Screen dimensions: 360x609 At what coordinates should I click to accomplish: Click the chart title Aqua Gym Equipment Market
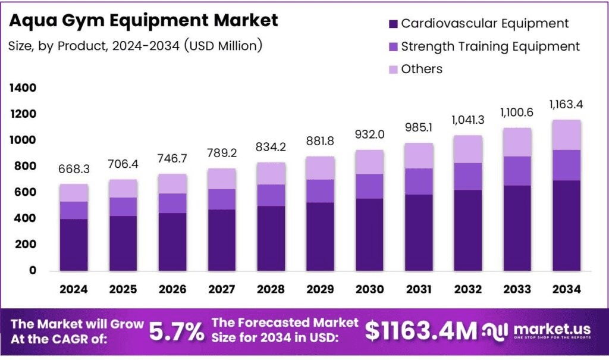(143, 20)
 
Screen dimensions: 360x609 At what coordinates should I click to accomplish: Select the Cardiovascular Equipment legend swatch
(393, 24)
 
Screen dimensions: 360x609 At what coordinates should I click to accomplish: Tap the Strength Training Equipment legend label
(490, 46)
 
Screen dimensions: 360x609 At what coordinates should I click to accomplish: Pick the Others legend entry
(422, 69)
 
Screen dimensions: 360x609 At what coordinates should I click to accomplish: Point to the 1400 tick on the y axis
(23, 88)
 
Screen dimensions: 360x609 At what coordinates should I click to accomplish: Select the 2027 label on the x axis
(221, 289)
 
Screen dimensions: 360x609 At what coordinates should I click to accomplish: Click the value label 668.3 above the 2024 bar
(74, 170)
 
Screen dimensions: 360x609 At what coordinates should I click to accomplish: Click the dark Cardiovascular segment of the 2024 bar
(74, 245)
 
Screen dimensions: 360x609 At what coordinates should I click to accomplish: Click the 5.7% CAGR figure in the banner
(176, 331)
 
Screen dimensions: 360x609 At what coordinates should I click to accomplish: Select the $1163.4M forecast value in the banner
(421, 331)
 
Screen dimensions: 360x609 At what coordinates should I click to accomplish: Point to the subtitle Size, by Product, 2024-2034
(136, 45)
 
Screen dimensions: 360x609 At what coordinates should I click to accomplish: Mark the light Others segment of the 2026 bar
(172, 184)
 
